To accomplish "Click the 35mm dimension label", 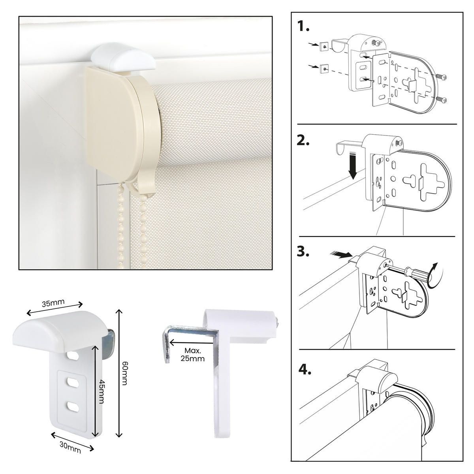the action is [x=53, y=303].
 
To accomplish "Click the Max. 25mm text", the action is [x=192, y=354].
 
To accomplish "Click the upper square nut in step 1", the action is [x=324, y=46].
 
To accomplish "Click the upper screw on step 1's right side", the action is [x=441, y=77].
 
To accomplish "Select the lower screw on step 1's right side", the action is [x=441, y=99].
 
